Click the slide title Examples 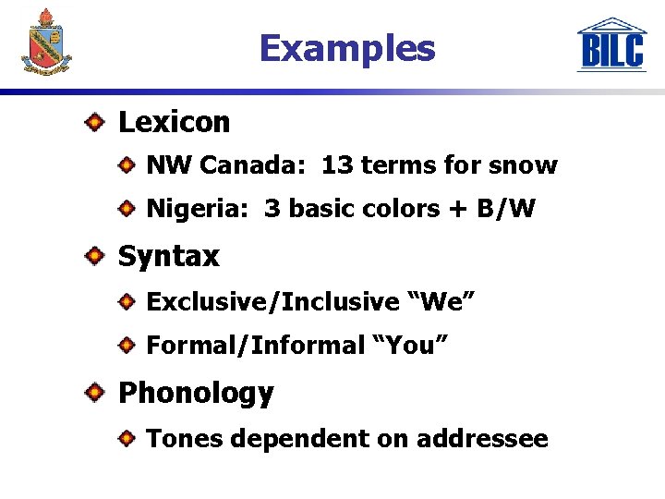click(346, 48)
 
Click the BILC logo click(611, 45)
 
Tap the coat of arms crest click(45, 42)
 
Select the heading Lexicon click(174, 122)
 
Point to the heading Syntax click(168, 256)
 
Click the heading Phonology click(196, 393)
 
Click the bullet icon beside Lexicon click(96, 121)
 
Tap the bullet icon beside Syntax click(96, 255)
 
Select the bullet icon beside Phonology click(96, 393)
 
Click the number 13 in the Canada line click(337, 165)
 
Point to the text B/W click(505, 209)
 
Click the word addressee click(481, 438)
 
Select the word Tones click(185, 438)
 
